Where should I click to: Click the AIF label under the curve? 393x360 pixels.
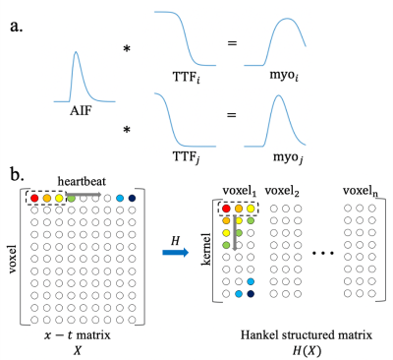[81, 111]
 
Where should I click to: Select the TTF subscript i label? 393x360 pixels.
[187, 77]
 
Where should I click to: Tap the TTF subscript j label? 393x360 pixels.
[187, 156]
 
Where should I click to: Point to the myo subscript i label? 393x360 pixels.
[284, 76]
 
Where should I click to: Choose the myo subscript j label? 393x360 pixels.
[288, 157]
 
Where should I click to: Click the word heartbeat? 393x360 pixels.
[82, 181]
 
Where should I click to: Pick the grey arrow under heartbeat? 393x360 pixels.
[84, 194]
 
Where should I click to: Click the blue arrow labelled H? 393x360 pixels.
[176, 252]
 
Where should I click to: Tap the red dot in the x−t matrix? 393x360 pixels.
[34, 198]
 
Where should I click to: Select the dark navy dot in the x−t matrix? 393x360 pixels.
[132, 198]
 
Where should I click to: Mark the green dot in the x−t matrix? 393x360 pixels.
[71, 198]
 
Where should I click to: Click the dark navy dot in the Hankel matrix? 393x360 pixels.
[251, 294]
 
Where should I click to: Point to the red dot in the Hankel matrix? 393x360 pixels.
[226, 209]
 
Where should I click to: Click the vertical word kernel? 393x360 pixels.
[206, 249]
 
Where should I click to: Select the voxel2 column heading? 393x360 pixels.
[282, 191]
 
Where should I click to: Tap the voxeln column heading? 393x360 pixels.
[361, 191]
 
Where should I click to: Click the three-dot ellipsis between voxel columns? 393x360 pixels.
[323, 253]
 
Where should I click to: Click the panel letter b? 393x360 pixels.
[18, 175]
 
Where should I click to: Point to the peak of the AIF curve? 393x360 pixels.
[76, 51]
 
